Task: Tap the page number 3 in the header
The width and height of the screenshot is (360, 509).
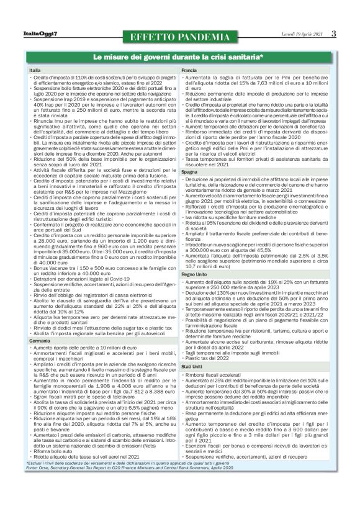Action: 333,33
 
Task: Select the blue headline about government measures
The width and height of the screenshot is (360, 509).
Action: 178,58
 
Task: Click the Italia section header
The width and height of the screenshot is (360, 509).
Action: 35,71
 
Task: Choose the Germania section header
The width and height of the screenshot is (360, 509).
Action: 40,341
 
